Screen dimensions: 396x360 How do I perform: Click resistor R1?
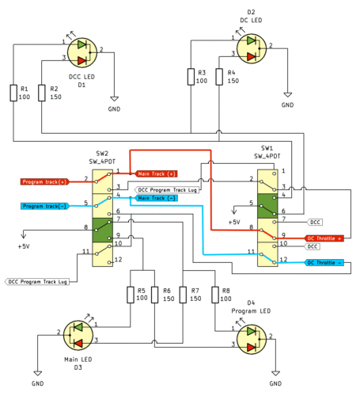pos(13,93)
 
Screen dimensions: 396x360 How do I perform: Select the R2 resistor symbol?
pos(41,93)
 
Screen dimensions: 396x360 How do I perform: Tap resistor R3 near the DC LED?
pos(191,76)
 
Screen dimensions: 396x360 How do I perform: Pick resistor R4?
pos(220,76)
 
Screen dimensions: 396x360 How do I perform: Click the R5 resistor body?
pos(131,295)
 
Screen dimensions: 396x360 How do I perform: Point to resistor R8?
pos(213,295)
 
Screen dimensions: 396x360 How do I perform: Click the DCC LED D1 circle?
pos(83,51)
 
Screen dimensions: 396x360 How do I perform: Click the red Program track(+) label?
pos(44,181)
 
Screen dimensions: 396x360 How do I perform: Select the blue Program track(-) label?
pos(44,206)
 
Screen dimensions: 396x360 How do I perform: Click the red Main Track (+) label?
pos(156,173)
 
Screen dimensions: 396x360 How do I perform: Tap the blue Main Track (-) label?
pos(156,198)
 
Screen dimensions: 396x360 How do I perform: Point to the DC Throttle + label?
pos(324,238)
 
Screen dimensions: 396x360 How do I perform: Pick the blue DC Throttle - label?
pos(324,262)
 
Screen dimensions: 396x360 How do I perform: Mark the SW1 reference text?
pos(267,148)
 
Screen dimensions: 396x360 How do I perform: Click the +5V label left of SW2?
pos(24,246)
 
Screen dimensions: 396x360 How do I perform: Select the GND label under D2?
pos(287,105)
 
